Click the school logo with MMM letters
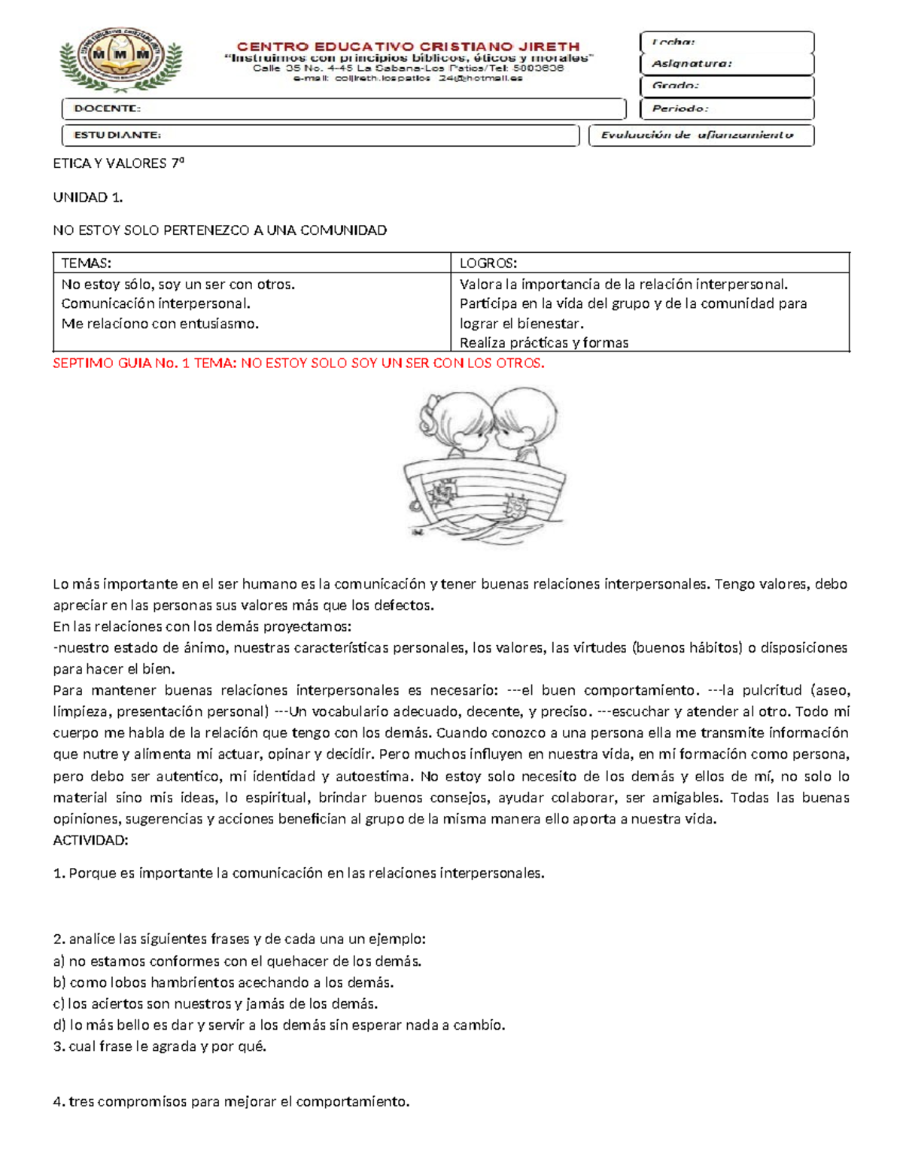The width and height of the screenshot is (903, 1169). tap(120, 59)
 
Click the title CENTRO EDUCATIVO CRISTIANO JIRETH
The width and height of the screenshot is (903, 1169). tap(409, 46)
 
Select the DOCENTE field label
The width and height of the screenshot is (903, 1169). tap(107, 108)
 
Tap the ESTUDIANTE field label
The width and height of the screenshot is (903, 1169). tap(117, 135)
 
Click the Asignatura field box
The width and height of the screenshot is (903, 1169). tap(726, 64)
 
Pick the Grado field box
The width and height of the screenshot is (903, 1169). tap(726, 86)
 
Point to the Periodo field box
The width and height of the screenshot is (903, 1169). tap(726, 108)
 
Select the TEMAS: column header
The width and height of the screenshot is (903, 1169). tap(86, 263)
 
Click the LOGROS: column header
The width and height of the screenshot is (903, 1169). tap(488, 263)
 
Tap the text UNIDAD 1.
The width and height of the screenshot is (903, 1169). tap(87, 197)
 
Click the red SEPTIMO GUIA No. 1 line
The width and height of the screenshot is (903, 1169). tap(298, 363)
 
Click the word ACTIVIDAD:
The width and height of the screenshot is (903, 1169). tap(90, 840)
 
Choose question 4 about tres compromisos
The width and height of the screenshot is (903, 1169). tap(232, 1102)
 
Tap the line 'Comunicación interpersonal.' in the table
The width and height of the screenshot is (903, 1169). tap(156, 303)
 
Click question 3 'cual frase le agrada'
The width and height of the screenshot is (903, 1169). tap(160, 1046)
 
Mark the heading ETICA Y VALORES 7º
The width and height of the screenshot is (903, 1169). tap(118, 163)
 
